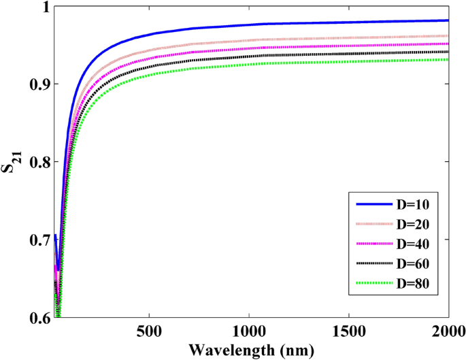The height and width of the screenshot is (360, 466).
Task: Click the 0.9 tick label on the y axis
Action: pos(36,84)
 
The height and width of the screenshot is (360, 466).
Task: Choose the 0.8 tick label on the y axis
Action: pos(36,163)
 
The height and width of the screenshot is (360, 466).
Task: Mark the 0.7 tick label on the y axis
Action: pos(36,240)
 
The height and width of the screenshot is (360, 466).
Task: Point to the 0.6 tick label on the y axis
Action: pos(36,318)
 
